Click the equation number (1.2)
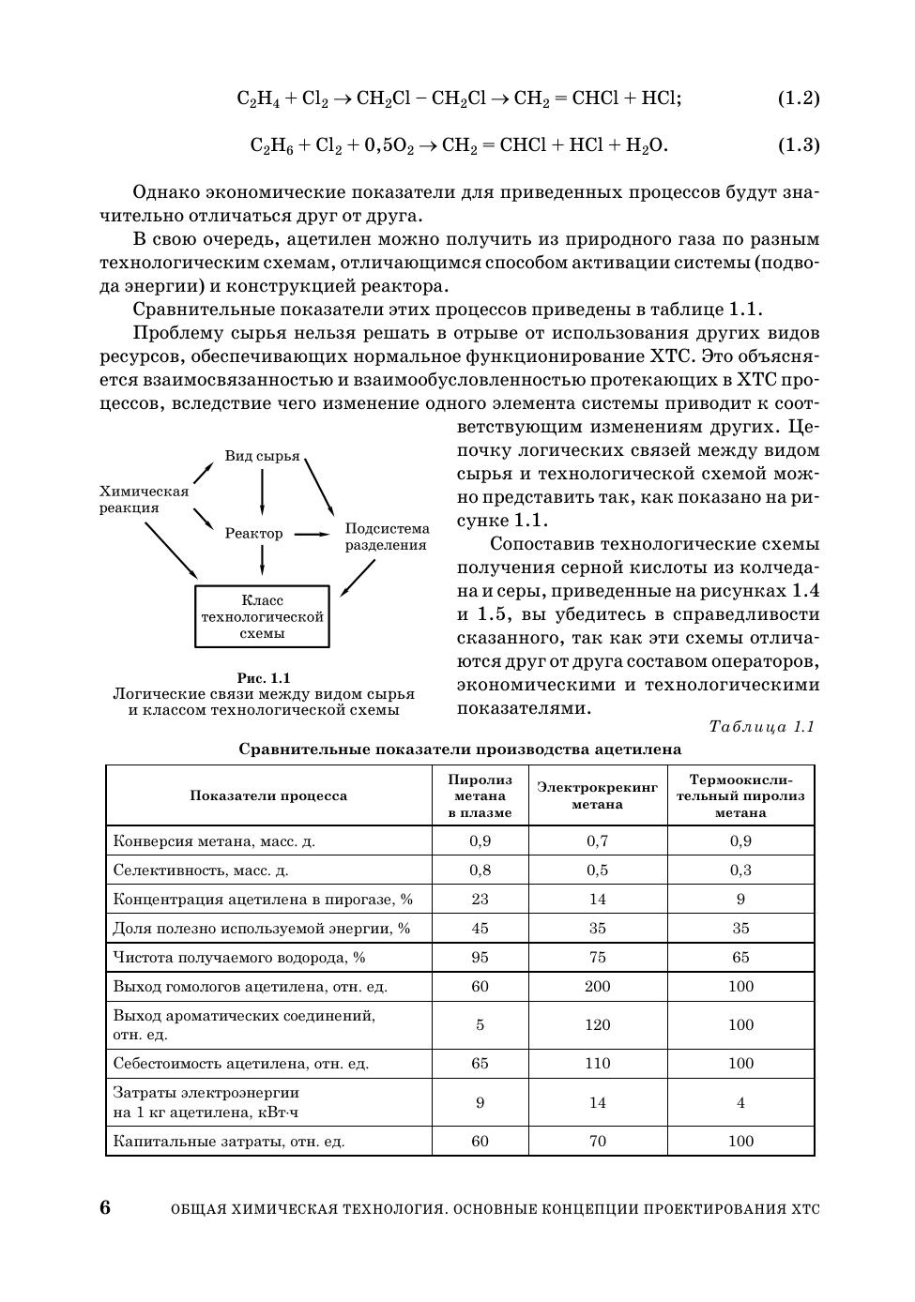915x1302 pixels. tap(799, 98)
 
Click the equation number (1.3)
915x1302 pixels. tap(799, 145)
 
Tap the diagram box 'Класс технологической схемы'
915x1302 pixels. tap(262, 616)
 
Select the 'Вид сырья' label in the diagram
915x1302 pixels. tap(262, 456)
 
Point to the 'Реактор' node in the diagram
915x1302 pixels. tap(253, 533)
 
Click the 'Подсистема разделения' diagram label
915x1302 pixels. tap(387, 537)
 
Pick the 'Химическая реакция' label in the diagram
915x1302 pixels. tap(144, 499)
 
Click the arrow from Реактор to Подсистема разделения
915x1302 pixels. tap(313, 534)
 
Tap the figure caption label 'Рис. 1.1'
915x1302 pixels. tap(264, 677)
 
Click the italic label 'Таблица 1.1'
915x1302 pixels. tap(761, 727)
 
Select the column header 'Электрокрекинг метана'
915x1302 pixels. tap(598, 795)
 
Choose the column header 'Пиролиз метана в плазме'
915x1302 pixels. tap(480, 795)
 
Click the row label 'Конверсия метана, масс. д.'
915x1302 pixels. tap(214, 841)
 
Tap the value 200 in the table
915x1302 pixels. tap(598, 987)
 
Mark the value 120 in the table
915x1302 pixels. tap(598, 1025)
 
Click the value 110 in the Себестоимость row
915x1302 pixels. tap(598, 1064)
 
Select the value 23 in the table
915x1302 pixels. tap(480, 900)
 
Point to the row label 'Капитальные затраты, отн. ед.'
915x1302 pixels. tap(229, 1142)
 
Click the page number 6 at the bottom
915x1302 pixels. tap(105, 1207)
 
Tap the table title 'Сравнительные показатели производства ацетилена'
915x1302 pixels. tap(460, 749)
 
